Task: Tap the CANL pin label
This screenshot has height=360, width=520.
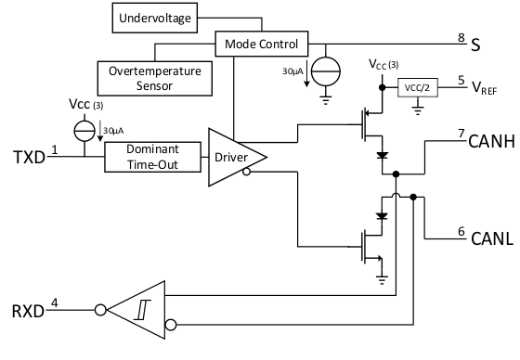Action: click(485, 239)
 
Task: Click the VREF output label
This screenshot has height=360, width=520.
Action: click(488, 88)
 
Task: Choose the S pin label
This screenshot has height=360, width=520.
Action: click(475, 43)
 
